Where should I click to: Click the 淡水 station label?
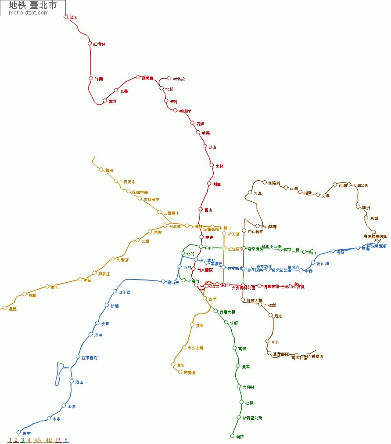74,18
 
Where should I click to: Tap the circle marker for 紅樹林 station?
90,44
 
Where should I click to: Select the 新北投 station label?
179,79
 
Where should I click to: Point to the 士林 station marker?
212,165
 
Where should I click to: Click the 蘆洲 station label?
109,171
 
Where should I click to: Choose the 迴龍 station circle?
5,308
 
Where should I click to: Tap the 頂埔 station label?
26,433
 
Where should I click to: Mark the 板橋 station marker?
97,323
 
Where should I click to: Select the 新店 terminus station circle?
232,436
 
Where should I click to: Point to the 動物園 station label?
317,357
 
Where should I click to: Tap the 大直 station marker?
250,193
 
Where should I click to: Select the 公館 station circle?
226,322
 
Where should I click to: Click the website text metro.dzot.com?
29,13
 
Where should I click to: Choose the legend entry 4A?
38,440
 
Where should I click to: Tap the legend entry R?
58,440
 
